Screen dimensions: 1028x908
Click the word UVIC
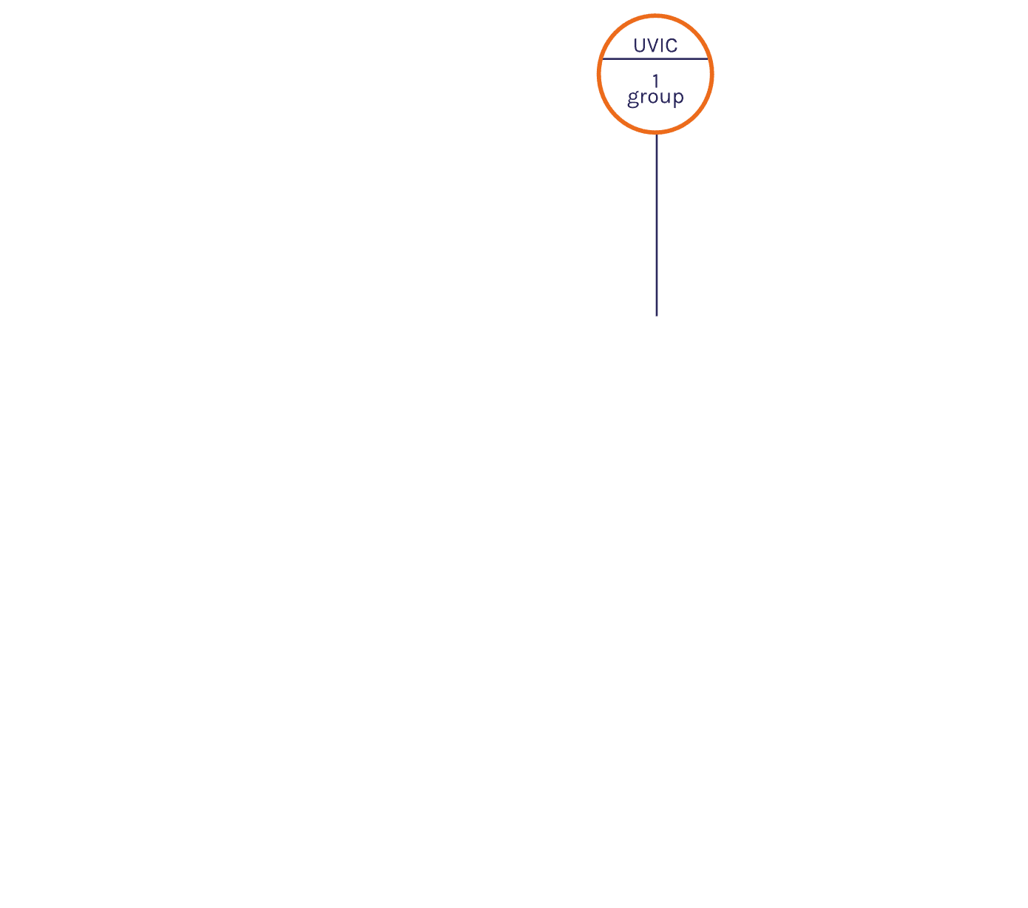[x=655, y=46]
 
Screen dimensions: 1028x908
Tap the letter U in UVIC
[x=639, y=46]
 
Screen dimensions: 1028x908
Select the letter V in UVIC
[x=652, y=46]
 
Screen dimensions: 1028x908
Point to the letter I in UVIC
[x=662, y=46]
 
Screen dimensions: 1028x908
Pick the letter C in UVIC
[x=672, y=46]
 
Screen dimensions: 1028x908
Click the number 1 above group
[x=655, y=81]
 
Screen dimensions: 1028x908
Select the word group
[x=655, y=98]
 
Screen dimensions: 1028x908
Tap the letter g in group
[x=633, y=98]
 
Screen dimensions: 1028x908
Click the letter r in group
[x=644, y=96]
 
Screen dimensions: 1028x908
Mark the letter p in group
[x=679, y=98]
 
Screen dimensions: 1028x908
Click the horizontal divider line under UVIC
[x=655, y=59]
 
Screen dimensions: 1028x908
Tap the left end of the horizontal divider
[x=602, y=59]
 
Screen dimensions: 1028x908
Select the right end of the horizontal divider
[x=708, y=59]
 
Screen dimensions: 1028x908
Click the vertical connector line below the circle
[x=657, y=226]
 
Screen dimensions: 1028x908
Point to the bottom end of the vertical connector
[x=657, y=316]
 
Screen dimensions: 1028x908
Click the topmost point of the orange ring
[x=655, y=16]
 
